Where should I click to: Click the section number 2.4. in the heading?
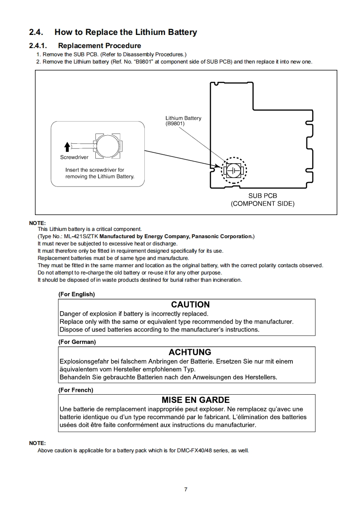(36, 32)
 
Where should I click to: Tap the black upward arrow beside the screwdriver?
(67, 147)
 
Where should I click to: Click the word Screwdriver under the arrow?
(74, 157)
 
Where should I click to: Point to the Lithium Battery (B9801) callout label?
(183, 121)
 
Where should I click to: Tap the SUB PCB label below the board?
(262, 196)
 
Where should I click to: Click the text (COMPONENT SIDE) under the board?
(262, 204)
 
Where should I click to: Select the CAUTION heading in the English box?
(190, 304)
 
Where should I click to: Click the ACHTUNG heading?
(190, 352)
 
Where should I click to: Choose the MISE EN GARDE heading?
(196, 400)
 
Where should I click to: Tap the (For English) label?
(76, 294)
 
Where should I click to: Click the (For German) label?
(77, 342)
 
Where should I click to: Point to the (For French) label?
(76, 390)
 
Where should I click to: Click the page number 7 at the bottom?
(185, 489)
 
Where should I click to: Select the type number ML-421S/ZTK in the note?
(81, 236)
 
